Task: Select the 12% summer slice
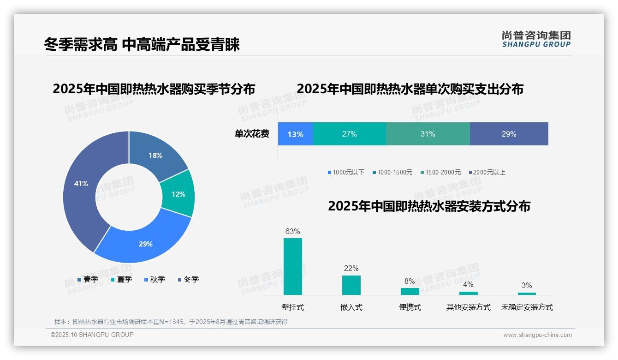point(178,194)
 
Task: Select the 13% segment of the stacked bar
point(295,134)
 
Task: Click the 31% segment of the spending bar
point(428,134)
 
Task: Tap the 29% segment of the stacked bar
point(509,134)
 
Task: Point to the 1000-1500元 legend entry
point(392,172)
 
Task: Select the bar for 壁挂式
point(293,266)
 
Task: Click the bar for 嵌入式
point(351,285)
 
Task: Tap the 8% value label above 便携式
point(410,282)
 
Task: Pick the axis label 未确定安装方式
point(527,307)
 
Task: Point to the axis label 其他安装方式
point(468,307)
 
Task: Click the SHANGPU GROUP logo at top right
point(536,39)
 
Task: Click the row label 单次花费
point(252,134)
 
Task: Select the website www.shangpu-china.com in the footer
point(537,335)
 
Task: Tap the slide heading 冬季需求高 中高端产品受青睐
point(142,45)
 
